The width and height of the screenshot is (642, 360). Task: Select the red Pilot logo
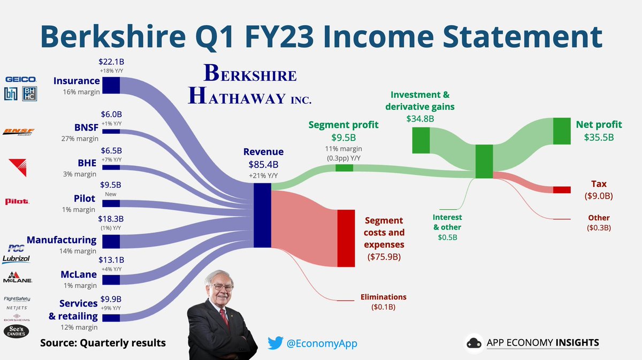click(17, 201)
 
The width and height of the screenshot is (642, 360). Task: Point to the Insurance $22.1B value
click(111, 63)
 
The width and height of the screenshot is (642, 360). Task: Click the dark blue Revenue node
click(262, 215)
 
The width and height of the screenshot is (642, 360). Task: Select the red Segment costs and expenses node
click(346, 238)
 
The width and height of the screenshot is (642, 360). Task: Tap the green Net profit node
click(562, 131)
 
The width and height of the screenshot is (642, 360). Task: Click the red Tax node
click(562, 190)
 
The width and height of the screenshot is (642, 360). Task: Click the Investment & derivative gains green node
click(421, 140)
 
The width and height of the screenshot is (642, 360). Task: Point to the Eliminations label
click(383, 297)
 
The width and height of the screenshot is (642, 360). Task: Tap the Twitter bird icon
click(275, 343)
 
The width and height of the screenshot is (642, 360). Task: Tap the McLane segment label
click(79, 274)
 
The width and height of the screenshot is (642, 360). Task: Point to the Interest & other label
click(447, 222)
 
